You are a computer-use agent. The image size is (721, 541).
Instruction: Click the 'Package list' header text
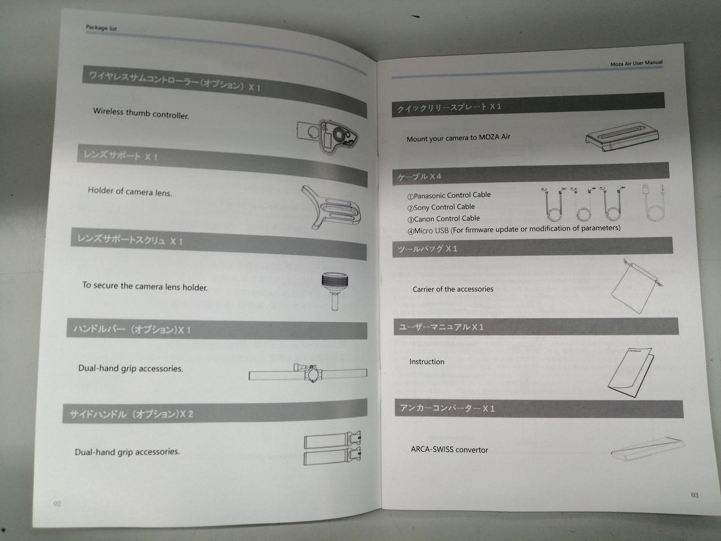coord(101,28)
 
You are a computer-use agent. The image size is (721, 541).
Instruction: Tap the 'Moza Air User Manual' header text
coord(637,63)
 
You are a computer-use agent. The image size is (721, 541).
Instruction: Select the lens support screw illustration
coord(335,291)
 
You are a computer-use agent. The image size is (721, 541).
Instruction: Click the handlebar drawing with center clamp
coord(308,373)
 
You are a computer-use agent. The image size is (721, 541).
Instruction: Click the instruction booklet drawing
coord(631,373)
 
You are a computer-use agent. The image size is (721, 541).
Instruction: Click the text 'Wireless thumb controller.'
coord(141,113)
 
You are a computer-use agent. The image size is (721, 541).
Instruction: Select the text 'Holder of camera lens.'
coord(130,191)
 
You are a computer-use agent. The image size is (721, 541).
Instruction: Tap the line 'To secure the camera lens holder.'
coord(145,286)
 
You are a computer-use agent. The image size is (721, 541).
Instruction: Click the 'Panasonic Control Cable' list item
coord(449,196)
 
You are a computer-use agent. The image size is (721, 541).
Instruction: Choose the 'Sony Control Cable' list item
coord(441,207)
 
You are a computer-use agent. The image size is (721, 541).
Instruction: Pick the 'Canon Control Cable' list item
coord(443,219)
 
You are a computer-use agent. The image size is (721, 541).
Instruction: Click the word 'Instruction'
coord(427,362)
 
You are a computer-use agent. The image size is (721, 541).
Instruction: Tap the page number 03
coord(695,495)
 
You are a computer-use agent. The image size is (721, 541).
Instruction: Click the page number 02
coord(57,504)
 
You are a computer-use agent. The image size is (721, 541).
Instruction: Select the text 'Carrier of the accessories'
coord(453,289)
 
